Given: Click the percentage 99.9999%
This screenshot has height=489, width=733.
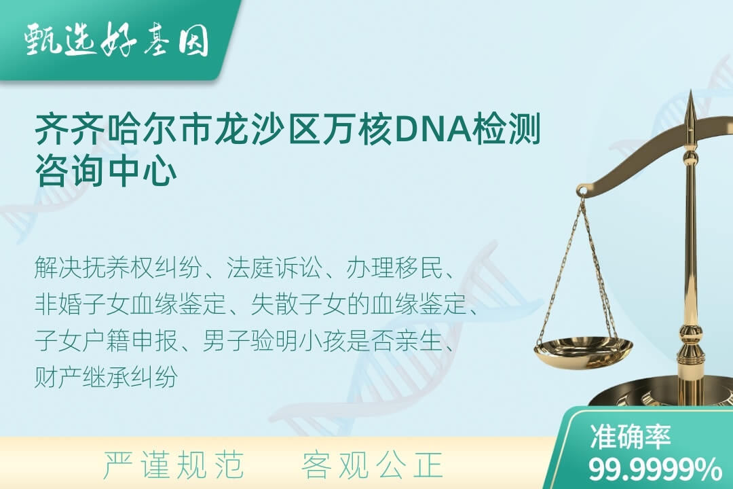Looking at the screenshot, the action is [x=655, y=469].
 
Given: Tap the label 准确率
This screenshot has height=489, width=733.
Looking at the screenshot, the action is [x=631, y=436].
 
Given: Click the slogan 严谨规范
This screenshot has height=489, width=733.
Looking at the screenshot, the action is [x=174, y=465].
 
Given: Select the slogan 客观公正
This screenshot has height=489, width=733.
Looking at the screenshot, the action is [x=372, y=465].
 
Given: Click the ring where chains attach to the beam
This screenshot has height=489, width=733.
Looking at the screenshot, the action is [x=582, y=190].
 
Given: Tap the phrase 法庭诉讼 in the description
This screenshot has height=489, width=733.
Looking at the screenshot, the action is [x=274, y=268].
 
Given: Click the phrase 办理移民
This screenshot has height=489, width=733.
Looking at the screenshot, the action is [x=394, y=268].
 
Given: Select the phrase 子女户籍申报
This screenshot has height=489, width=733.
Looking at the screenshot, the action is [x=106, y=340].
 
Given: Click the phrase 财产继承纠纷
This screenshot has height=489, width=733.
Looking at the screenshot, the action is [x=106, y=376].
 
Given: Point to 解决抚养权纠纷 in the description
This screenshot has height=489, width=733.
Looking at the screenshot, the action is [x=118, y=268].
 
